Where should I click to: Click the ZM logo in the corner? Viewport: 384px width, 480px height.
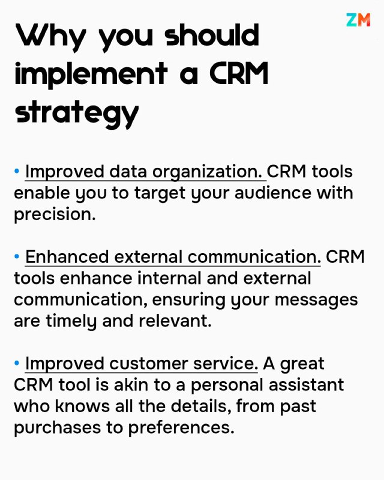click(x=358, y=20)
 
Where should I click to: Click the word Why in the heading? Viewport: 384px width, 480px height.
click(x=50, y=37)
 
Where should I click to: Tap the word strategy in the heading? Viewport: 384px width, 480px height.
click(x=77, y=113)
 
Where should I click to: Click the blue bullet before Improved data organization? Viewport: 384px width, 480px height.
click(x=17, y=171)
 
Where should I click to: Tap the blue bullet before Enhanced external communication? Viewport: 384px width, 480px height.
click(x=17, y=256)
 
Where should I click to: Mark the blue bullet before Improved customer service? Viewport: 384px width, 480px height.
click(x=17, y=363)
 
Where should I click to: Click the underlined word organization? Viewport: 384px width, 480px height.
click(x=208, y=172)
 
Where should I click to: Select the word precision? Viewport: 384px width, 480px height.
click(x=55, y=215)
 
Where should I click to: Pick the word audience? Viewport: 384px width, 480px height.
click(x=272, y=193)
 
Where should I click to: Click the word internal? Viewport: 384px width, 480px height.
click(x=169, y=278)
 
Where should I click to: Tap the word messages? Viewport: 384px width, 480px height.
click(x=316, y=301)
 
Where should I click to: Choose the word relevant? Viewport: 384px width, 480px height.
click(x=175, y=321)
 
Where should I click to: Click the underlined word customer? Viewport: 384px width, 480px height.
click(x=148, y=364)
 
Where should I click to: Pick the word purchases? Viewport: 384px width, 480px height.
click(x=57, y=428)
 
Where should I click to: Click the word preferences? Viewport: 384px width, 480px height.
click(x=181, y=428)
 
